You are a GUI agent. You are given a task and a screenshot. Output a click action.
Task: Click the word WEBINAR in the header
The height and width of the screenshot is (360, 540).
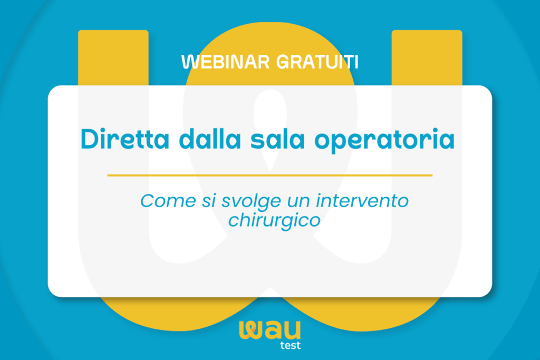(x=225, y=62)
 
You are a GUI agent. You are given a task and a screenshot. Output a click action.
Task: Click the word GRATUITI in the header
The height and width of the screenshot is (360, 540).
(x=317, y=62)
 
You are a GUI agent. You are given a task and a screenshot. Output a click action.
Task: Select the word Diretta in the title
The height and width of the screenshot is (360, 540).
(x=124, y=139)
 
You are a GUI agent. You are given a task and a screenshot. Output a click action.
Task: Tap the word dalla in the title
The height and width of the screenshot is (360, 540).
(x=210, y=139)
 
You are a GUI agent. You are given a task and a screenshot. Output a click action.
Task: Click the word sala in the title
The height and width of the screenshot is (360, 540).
(x=277, y=139)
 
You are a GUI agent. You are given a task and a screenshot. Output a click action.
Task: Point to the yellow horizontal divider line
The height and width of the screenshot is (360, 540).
(x=269, y=175)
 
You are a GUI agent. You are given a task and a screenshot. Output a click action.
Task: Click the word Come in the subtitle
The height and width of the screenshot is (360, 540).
(x=168, y=200)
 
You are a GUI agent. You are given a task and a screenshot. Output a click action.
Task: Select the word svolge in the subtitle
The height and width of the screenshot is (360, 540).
(x=250, y=202)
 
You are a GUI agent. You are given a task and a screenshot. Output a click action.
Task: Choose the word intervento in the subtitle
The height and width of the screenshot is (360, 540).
(x=362, y=200)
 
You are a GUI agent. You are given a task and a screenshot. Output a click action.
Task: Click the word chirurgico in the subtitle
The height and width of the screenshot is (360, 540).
(x=274, y=221)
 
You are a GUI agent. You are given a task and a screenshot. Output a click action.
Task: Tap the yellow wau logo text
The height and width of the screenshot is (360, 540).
(x=270, y=330)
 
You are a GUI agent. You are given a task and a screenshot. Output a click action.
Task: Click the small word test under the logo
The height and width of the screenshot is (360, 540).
(x=291, y=345)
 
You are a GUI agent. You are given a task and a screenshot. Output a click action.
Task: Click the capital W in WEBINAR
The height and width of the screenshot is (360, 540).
(x=190, y=62)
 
